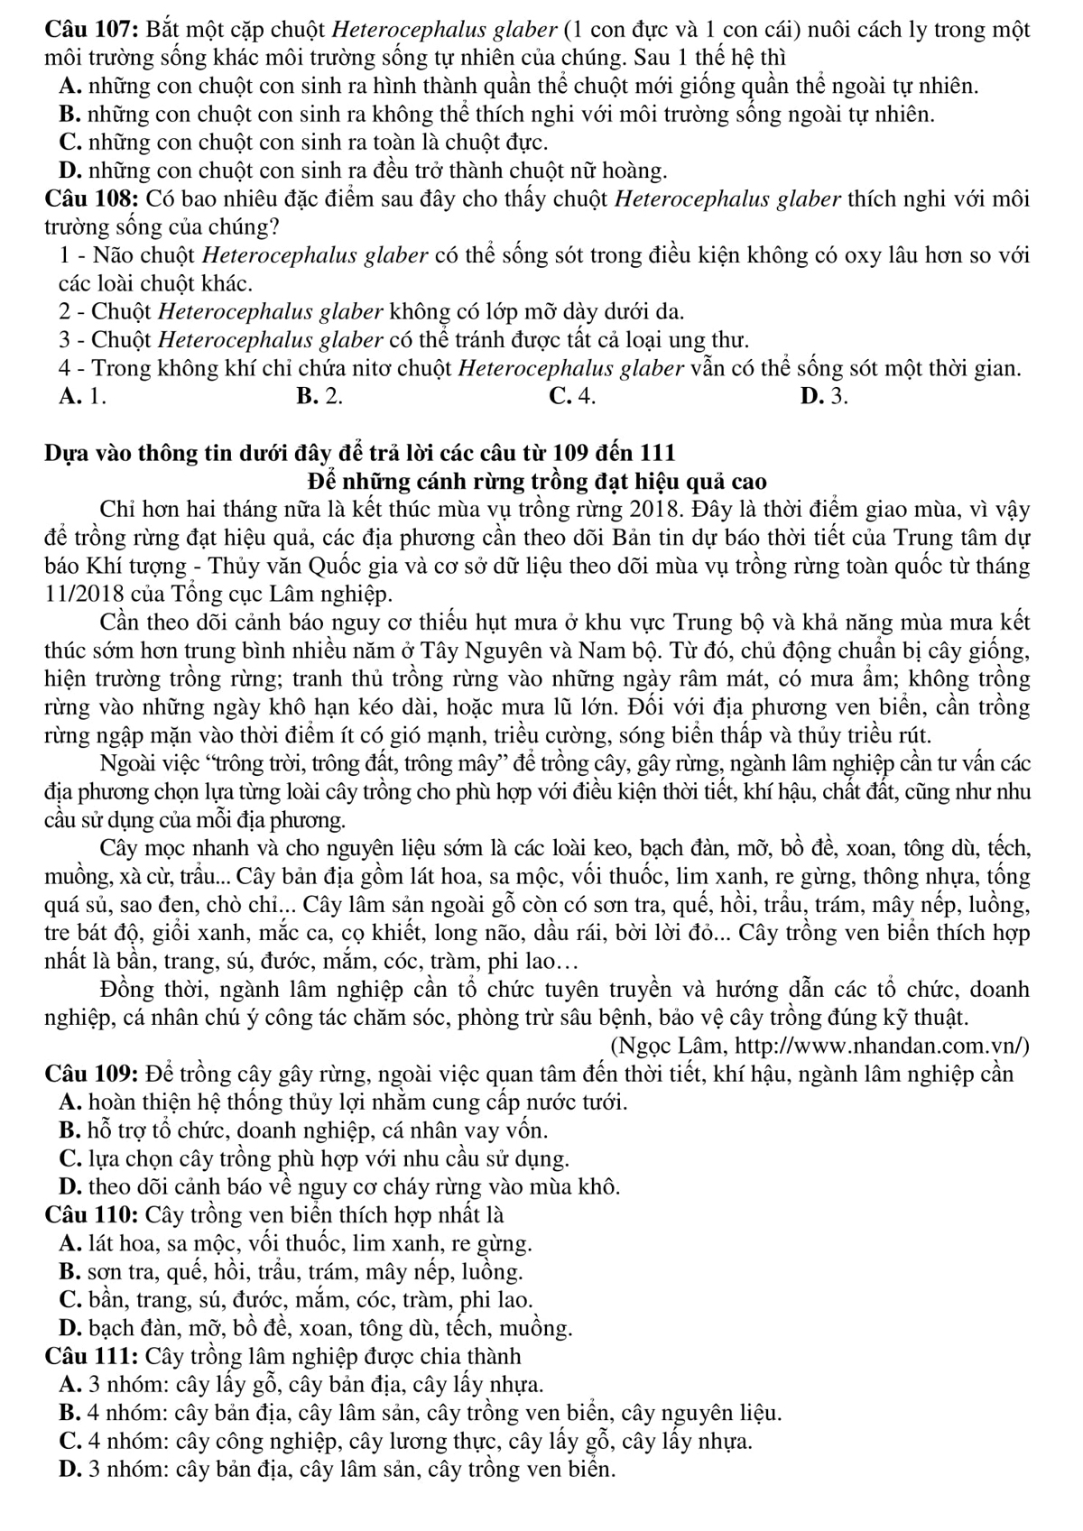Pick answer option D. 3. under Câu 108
823,396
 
